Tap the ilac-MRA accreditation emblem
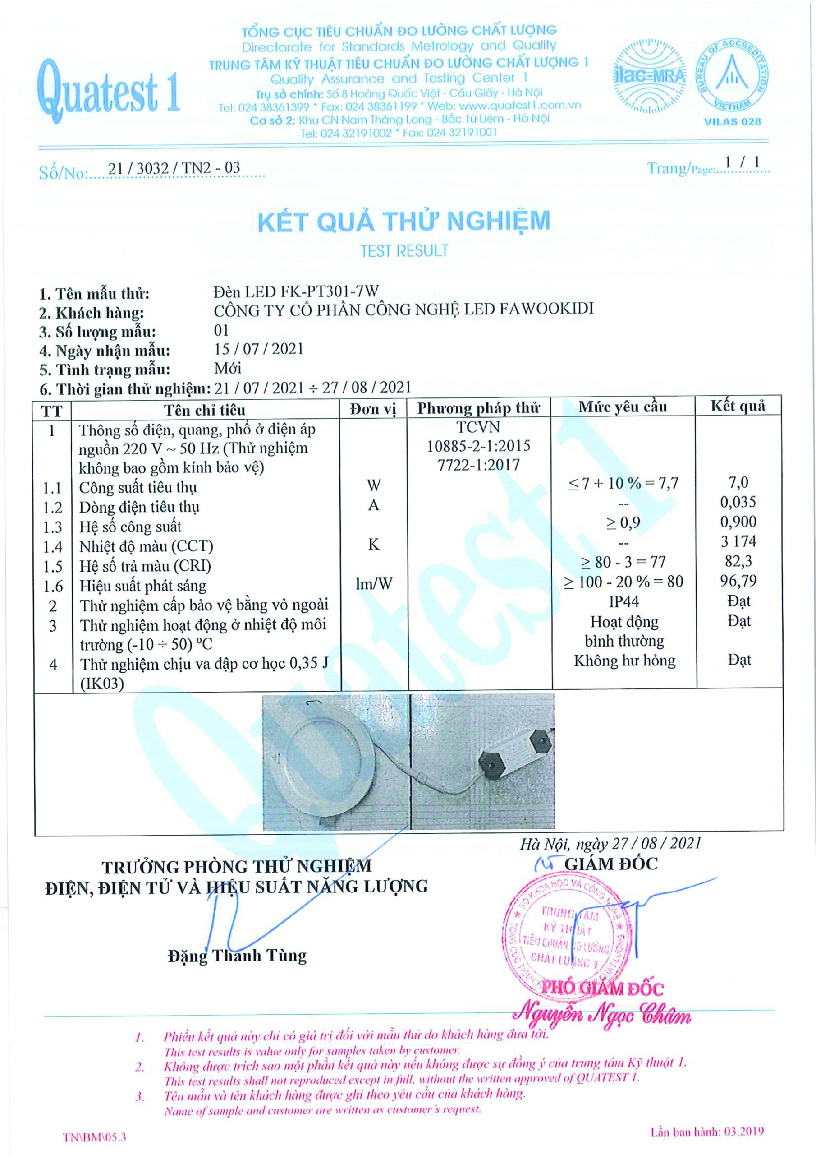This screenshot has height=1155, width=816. click(x=649, y=76)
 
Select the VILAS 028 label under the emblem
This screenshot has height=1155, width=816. click(x=732, y=121)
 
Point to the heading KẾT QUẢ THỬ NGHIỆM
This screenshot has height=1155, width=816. click(x=404, y=222)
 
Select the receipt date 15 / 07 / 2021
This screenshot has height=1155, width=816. click(x=258, y=349)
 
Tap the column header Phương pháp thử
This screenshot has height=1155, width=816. click(x=478, y=407)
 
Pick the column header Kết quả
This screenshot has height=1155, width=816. click(x=738, y=406)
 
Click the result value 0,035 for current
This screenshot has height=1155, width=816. click(x=738, y=502)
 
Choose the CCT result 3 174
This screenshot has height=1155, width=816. click(x=738, y=541)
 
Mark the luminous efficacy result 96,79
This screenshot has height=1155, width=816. click(x=738, y=581)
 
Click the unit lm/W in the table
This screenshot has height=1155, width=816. click(x=374, y=583)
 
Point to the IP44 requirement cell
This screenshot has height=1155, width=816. click(x=623, y=601)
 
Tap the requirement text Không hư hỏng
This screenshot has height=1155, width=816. click(x=624, y=661)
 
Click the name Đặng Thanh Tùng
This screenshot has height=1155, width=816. click(x=237, y=956)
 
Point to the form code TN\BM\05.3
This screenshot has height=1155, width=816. click(x=95, y=1137)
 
